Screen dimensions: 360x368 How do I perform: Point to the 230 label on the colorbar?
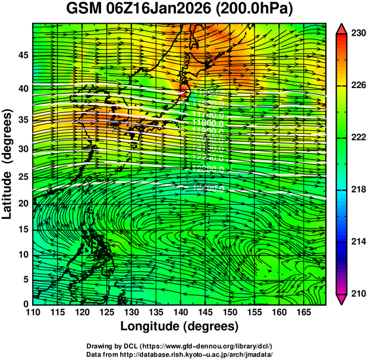coord(356,33)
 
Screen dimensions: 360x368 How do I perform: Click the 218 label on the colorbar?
coord(356,189)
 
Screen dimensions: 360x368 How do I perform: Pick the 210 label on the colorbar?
coord(356,293)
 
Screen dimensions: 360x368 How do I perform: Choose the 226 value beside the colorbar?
coord(356,85)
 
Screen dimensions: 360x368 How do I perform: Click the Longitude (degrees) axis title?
coord(180,326)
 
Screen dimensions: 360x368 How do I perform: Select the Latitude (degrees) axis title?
coord(8,164)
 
